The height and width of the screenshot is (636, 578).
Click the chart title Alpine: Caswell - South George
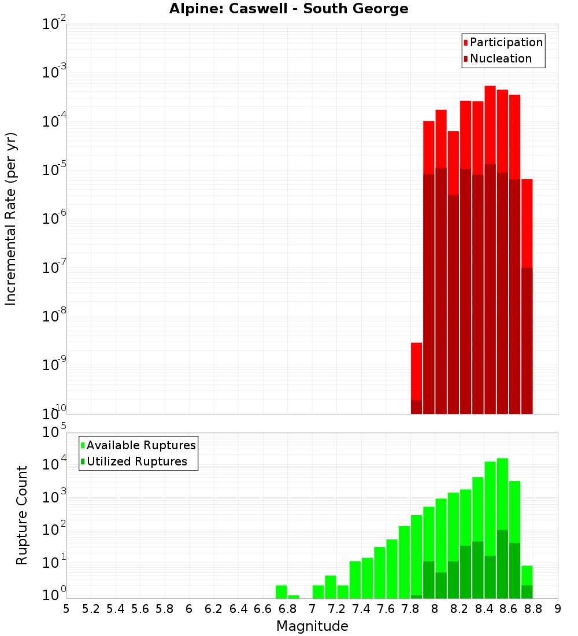[x=288, y=9]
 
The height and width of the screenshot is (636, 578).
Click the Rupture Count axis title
[x=22, y=515]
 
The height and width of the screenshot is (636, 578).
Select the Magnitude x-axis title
[x=312, y=626]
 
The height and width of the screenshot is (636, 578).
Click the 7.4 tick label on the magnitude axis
[x=361, y=609]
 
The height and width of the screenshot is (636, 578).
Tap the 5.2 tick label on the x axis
[x=91, y=609]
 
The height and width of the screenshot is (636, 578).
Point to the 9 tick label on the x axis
[x=558, y=609]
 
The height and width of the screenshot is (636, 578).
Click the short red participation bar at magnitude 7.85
[x=416, y=370]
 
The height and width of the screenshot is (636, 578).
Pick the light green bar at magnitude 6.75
[x=281, y=592]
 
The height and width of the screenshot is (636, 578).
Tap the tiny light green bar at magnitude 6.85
[x=294, y=597]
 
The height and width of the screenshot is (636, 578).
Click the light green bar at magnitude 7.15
[x=331, y=587]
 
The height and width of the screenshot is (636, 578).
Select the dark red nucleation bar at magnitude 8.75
[x=527, y=341]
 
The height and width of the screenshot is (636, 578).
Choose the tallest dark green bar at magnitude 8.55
[x=502, y=564]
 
